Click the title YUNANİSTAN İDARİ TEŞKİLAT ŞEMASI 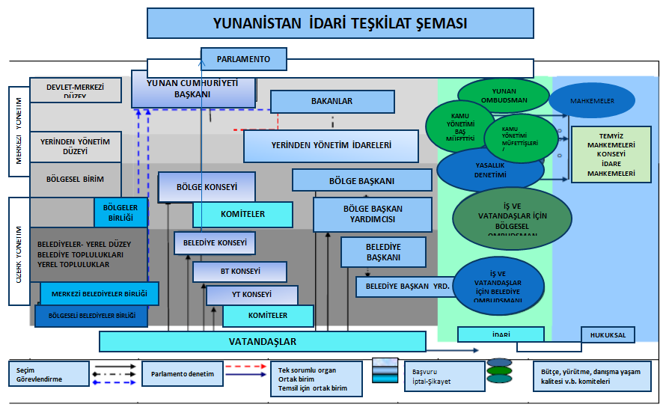[340, 23]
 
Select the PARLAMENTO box [245, 58]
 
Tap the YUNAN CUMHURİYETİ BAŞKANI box [192, 90]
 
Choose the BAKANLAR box [332, 101]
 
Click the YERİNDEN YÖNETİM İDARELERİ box [331, 146]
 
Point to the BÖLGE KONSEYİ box [207, 186]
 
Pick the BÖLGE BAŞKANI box [361, 180]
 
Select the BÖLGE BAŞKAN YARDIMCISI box [372, 214]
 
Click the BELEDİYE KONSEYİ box [215, 242]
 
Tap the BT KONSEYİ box [239, 271]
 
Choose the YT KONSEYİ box [251, 295]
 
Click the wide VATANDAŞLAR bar [263, 342]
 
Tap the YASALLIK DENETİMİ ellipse [490, 169]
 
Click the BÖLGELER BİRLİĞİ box [120, 212]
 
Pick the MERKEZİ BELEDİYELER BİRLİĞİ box [100, 293]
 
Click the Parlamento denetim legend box [183, 374]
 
